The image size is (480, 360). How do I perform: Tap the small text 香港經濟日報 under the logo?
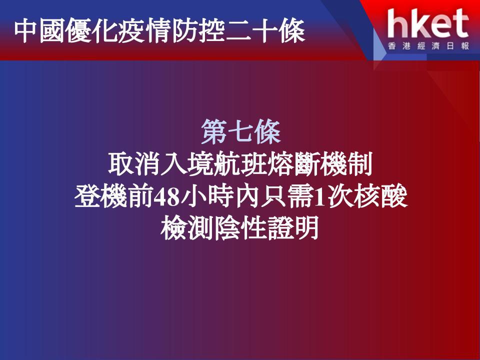[x=428, y=46]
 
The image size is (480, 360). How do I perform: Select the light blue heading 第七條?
[x=241, y=132]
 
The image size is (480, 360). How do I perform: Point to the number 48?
[x=166, y=197]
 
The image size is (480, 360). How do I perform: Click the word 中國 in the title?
[x=40, y=30]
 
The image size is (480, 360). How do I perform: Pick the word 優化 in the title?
[x=92, y=30]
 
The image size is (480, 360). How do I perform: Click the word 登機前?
[x=114, y=197]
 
